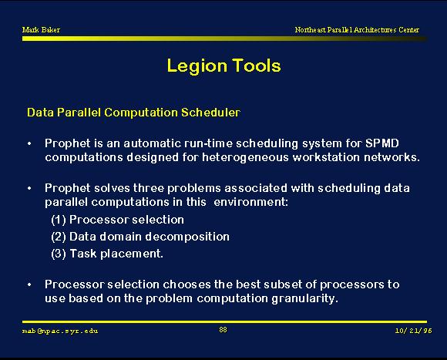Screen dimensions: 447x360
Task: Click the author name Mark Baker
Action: (x=41, y=29)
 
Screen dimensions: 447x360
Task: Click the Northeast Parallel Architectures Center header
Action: (x=357, y=29)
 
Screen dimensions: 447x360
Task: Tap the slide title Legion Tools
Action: (x=223, y=66)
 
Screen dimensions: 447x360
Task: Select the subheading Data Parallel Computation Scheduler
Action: (x=133, y=113)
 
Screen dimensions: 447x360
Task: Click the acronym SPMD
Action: (x=382, y=143)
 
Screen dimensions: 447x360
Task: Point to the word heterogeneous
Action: (x=245, y=157)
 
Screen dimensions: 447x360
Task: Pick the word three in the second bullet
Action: (x=148, y=188)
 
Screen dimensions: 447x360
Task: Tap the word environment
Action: (x=251, y=202)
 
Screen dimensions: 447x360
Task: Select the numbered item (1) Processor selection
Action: (x=117, y=220)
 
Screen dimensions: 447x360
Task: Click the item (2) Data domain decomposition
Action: (x=140, y=237)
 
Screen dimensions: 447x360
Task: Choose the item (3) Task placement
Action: (x=107, y=254)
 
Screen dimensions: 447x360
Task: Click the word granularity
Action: (x=304, y=299)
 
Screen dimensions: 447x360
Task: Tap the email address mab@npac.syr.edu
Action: (x=60, y=331)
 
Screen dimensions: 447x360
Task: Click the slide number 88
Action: (x=223, y=330)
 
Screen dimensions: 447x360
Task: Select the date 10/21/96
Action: (x=413, y=331)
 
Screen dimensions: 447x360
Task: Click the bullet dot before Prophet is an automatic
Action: (x=29, y=143)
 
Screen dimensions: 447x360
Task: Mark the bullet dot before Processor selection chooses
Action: (x=29, y=285)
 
